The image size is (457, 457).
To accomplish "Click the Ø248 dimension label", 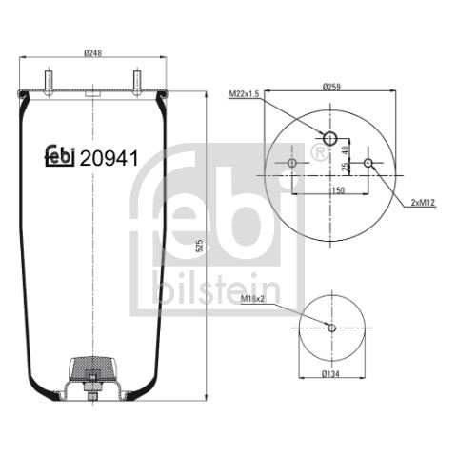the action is click(93, 52).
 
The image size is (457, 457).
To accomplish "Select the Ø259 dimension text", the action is click(331, 87).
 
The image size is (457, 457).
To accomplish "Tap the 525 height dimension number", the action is click(199, 246).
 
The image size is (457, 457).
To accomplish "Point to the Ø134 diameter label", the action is click(330, 374).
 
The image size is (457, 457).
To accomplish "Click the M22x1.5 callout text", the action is click(244, 94).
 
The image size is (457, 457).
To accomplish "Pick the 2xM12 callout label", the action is click(423, 203).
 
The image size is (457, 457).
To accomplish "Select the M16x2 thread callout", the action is click(252, 299).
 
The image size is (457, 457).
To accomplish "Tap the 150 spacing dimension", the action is click(338, 190).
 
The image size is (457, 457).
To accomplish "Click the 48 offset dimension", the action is click(346, 149).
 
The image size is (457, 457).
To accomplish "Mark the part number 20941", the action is click(109, 158).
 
